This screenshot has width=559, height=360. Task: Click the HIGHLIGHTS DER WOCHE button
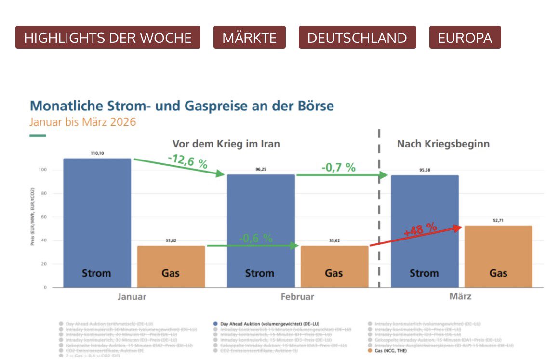pos(107,38)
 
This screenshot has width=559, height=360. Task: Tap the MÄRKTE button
pos(249,38)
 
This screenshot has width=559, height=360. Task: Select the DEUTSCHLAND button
pos(357,38)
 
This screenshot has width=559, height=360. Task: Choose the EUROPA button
pos(465,38)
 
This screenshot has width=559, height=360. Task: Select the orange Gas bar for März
pos(498,256)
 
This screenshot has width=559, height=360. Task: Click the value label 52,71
pos(498,220)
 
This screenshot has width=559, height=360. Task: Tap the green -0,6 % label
pos(255,238)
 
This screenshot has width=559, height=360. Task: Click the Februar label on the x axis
pos(297,297)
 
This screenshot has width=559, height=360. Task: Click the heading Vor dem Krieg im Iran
pos(226,144)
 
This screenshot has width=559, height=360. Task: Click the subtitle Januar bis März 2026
pos(83,121)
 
